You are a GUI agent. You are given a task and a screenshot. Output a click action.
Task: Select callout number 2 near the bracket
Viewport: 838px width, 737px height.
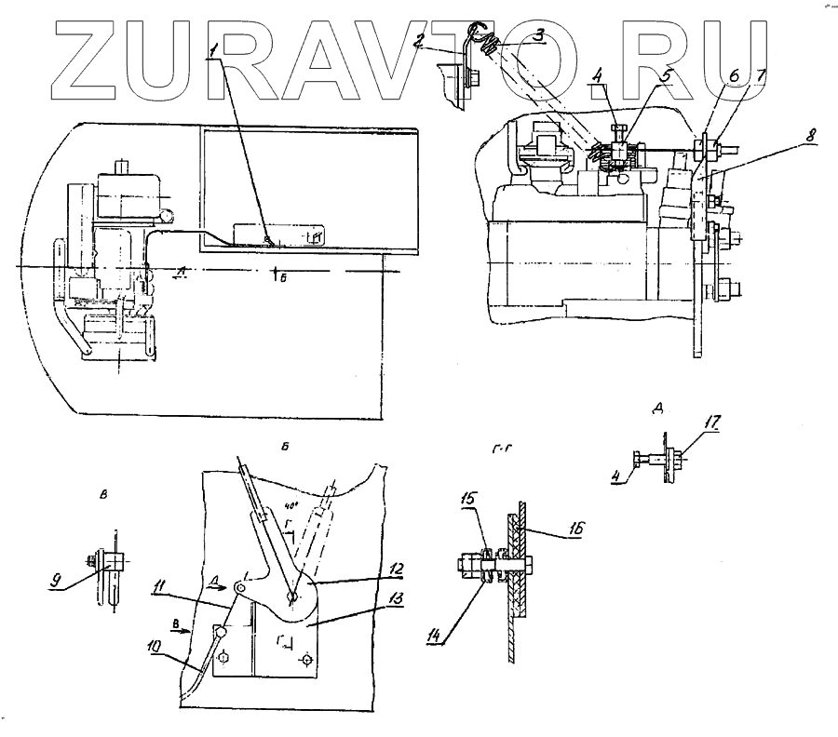421,40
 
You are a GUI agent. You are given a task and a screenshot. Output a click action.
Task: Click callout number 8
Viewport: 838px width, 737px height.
812,137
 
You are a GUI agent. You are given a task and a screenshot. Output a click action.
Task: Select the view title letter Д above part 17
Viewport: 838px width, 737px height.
657,408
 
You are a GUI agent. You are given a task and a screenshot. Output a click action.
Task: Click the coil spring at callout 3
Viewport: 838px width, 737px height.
496,38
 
